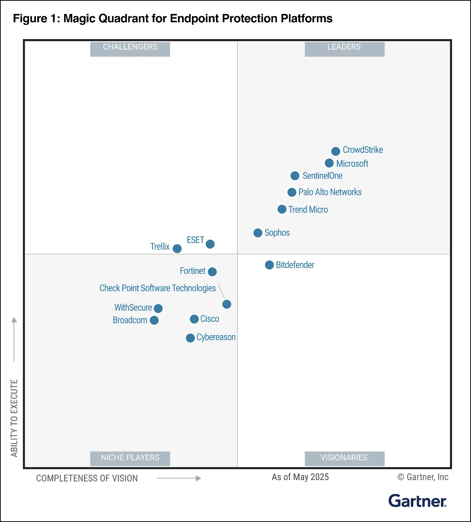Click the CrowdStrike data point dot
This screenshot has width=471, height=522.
pyautogui.click(x=336, y=151)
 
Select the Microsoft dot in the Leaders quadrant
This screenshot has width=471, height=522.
pyautogui.click(x=329, y=163)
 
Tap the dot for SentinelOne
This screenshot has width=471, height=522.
pyautogui.click(x=295, y=176)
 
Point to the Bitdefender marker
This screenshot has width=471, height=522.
pyautogui.click(x=269, y=265)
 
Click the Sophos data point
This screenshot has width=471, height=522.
pyautogui.click(x=258, y=233)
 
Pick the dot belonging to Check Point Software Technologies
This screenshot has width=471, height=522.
pyautogui.click(x=227, y=304)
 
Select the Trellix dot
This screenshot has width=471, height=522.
pyautogui.click(x=177, y=249)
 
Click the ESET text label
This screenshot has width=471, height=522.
pyautogui.click(x=195, y=240)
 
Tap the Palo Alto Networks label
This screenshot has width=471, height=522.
pyautogui.click(x=330, y=192)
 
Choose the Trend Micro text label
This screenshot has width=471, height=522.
pyautogui.click(x=308, y=210)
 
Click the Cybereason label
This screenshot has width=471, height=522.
pyautogui.click(x=216, y=337)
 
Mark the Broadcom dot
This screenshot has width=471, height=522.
pyautogui.click(x=154, y=320)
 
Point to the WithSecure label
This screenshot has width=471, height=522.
pyautogui.click(x=133, y=307)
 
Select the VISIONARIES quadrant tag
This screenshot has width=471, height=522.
pyautogui.click(x=344, y=458)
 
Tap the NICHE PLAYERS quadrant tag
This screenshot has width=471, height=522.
pyautogui.click(x=130, y=458)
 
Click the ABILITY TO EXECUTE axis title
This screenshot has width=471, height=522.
pyautogui.click(x=14, y=418)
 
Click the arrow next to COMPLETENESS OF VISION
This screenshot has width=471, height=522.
pyautogui.click(x=179, y=478)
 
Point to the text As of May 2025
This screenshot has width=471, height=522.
pyautogui.click(x=300, y=477)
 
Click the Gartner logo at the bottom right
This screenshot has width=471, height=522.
pyautogui.click(x=417, y=501)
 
